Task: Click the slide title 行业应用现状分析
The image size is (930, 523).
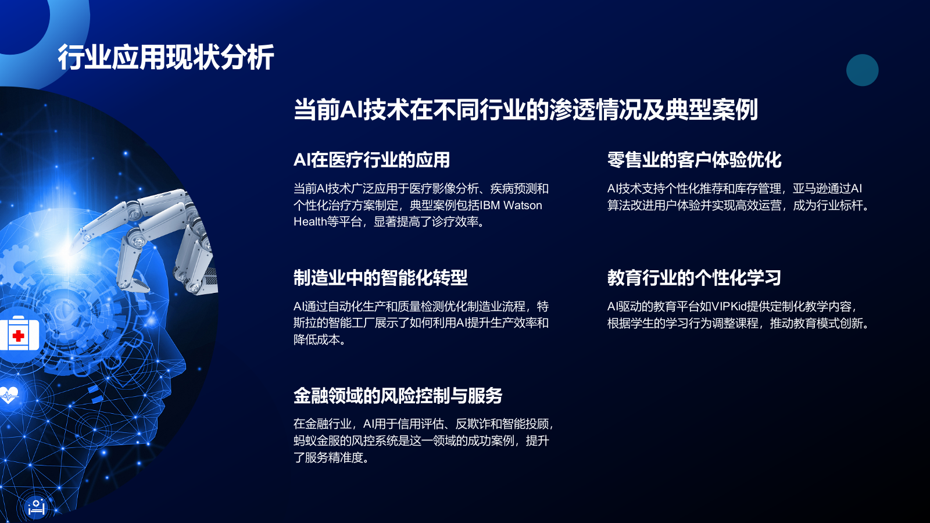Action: click(x=166, y=58)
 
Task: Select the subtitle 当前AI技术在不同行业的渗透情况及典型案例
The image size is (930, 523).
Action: click(x=525, y=110)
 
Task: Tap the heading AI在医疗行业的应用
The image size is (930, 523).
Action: click(x=371, y=160)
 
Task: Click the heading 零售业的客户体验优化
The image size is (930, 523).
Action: click(x=694, y=160)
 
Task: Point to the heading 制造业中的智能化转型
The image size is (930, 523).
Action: click(x=380, y=278)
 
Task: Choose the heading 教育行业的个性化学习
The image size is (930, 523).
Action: click(x=694, y=278)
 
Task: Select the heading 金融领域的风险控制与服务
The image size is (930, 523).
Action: click(x=398, y=396)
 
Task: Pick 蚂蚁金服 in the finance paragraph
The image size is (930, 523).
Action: click(x=317, y=441)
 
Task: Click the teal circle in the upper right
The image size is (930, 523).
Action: click(x=862, y=70)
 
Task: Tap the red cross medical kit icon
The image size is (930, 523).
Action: click(x=19, y=335)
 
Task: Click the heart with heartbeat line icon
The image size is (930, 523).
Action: click(x=9, y=396)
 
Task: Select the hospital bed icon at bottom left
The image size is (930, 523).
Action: click(x=36, y=507)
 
